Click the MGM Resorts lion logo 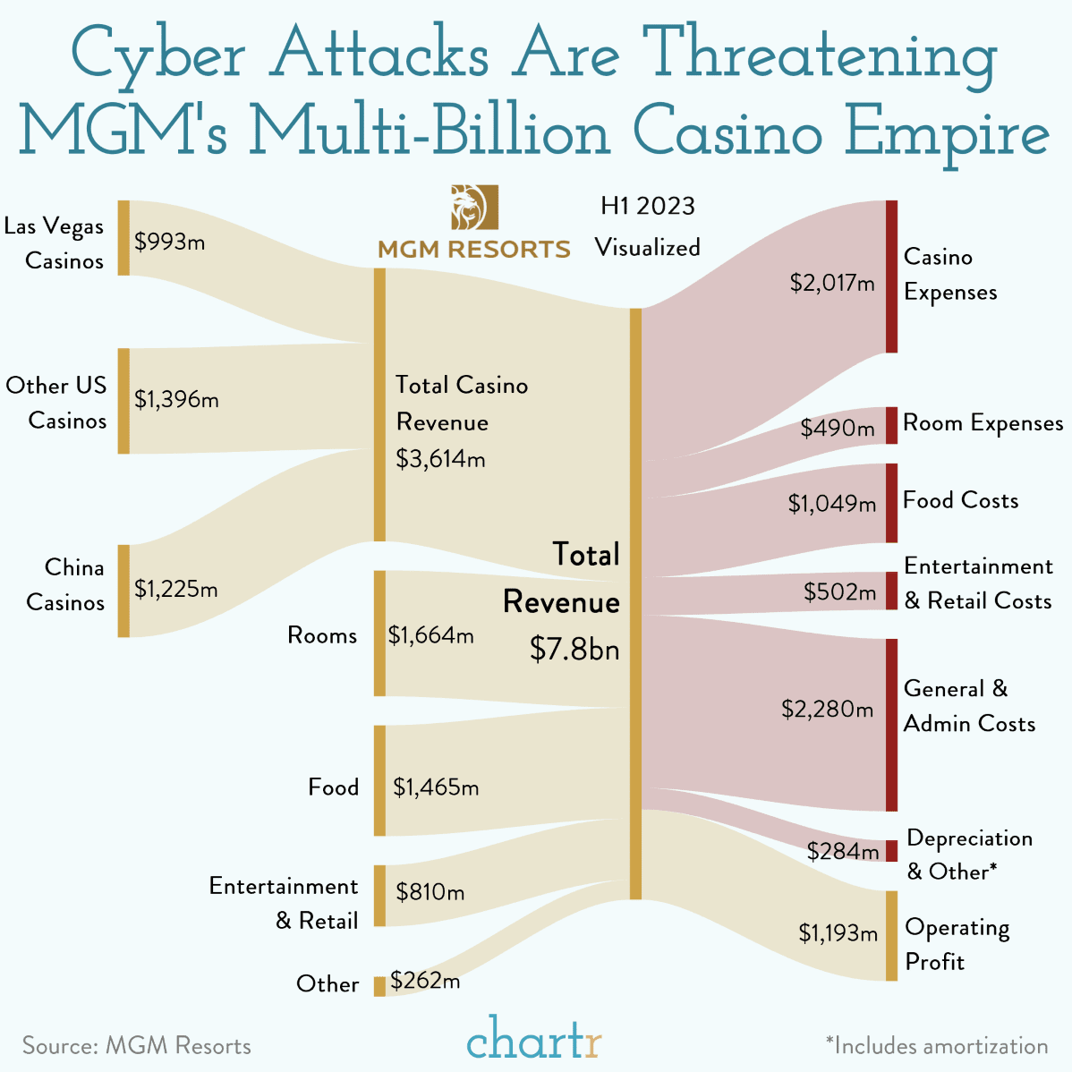(474, 207)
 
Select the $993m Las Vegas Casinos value (170, 241)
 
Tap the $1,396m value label (176, 399)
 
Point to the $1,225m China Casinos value (176, 589)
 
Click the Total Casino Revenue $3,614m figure (440, 459)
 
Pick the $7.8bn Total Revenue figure (574, 648)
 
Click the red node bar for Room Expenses (891, 425)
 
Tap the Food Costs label (960, 500)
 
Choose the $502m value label (839, 591)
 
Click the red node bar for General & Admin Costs (891, 725)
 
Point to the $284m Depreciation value (842, 851)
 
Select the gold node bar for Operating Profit (891, 936)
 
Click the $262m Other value (425, 981)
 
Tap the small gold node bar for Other (379, 986)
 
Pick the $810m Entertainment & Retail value (430, 892)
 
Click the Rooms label (322, 635)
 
